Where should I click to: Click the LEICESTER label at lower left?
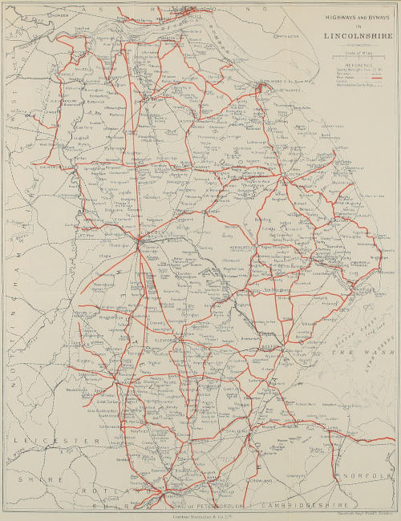[48, 442]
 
